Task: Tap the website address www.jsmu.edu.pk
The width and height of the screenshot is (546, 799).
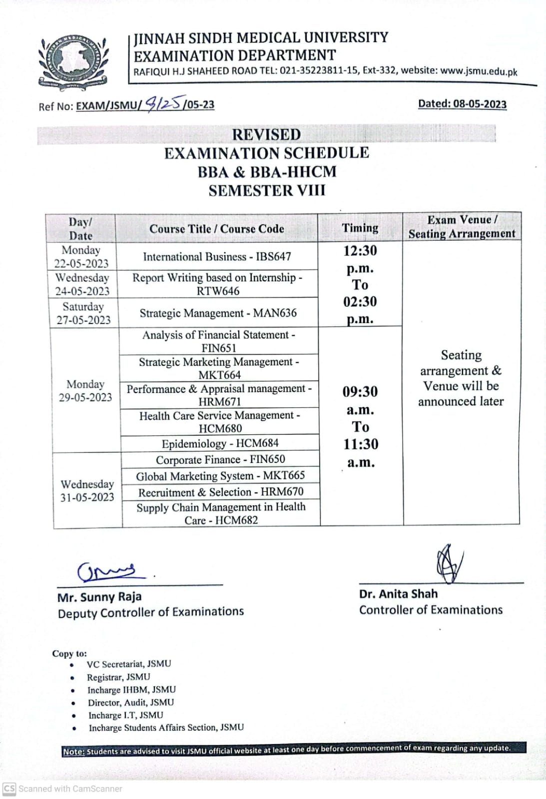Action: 479,71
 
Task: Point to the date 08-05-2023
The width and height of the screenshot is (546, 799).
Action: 480,104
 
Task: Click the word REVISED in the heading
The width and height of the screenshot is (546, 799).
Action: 266,135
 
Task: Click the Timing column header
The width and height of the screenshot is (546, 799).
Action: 360,228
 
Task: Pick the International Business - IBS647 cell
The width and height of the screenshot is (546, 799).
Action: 217,257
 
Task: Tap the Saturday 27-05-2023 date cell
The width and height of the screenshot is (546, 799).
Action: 83,313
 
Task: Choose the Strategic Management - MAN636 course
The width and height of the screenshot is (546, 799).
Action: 218,313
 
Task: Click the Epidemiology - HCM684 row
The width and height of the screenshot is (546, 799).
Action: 220,443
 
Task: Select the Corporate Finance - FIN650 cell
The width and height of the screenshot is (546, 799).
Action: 220,459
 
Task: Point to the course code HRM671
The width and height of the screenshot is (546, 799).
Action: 219,401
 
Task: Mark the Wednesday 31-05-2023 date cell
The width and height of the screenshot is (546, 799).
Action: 87,490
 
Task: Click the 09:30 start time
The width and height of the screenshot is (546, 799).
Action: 360,392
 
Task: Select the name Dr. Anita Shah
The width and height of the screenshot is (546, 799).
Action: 398,594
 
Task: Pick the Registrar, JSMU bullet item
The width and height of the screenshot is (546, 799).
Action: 118,677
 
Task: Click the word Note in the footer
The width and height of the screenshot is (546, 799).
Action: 73,752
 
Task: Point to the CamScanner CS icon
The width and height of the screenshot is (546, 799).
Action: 9,789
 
